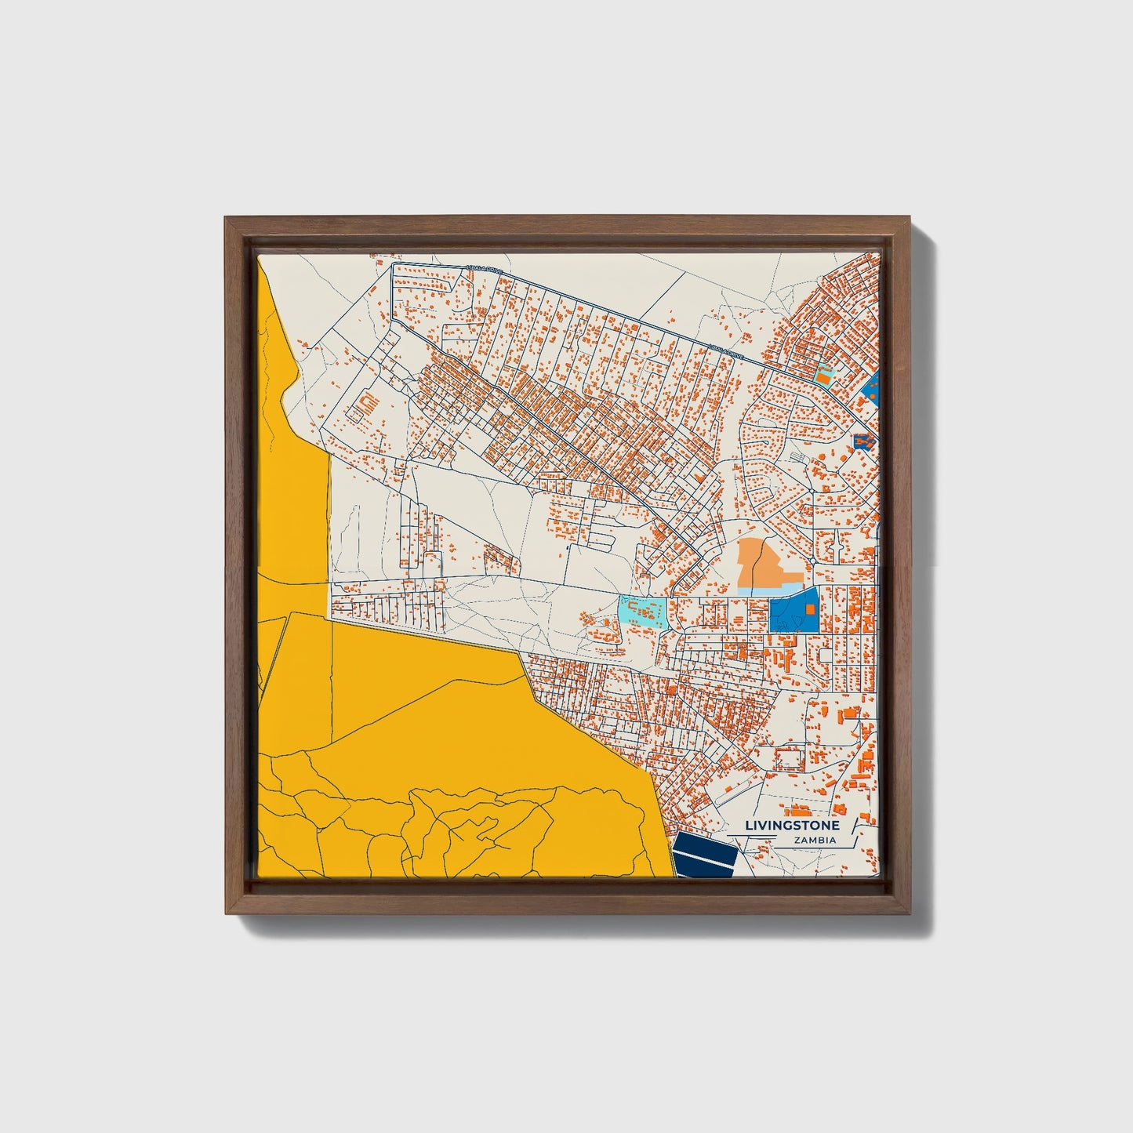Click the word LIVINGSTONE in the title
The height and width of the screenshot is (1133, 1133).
(791, 826)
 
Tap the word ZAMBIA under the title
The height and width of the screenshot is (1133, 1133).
(815, 841)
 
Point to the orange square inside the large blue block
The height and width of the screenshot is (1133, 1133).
(810, 608)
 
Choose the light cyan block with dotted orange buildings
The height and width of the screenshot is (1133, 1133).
(642, 612)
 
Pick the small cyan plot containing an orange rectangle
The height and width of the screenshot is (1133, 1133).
(823, 376)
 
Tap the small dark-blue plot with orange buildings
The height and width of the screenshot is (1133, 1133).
(863, 441)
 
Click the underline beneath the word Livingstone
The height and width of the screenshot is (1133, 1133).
(792, 834)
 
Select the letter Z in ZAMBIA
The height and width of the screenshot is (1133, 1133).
(797, 841)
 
